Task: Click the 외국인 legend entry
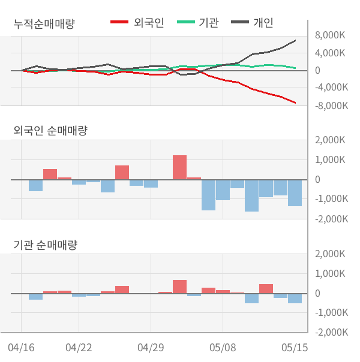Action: (x=137, y=22)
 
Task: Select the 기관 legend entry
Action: (x=197, y=22)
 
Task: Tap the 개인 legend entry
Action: (x=253, y=22)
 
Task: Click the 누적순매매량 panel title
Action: (x=44, y=23)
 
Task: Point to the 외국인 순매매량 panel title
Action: (x=50, y=131)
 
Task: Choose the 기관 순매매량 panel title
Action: (x=45, y=245)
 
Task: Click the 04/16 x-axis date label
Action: (x=21, y=348)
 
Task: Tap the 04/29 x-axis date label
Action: (x=151, y=348)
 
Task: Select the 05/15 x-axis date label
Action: (x=295, y=348)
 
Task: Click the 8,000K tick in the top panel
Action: (x=330, y=35)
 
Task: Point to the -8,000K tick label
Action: (x=332, y=105)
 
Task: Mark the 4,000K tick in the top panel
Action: (x=330, y=53)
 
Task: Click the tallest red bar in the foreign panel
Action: (x=180, y=167)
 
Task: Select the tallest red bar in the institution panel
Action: (x=180, y=286)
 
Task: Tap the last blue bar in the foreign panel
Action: (x=295, y=193)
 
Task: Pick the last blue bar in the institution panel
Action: (x=295, y=298)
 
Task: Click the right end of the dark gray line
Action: (x=295, y=41)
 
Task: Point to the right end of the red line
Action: (x=295, y=102)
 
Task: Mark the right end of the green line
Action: (x=295, y=68)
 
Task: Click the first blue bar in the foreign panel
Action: (x=35, y=185)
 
